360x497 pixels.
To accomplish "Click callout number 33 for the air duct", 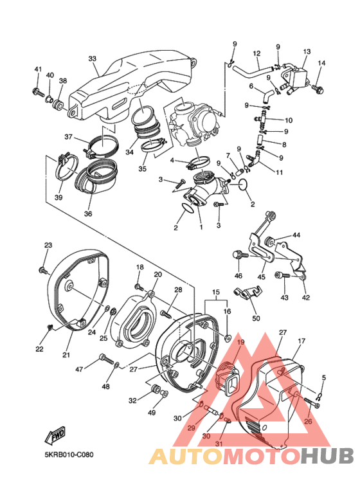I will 92,59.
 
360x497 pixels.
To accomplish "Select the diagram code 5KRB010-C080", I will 69,455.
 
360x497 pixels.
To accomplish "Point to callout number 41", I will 38,69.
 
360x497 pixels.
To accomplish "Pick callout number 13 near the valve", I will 307,51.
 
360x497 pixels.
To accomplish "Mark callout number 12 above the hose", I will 256,53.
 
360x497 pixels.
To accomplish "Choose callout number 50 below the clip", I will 255,318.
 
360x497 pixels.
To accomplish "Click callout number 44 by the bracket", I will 296,236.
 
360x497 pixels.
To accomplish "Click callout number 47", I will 79,369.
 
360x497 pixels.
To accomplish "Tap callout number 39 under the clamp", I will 59,197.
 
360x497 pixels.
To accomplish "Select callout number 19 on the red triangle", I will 241,343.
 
